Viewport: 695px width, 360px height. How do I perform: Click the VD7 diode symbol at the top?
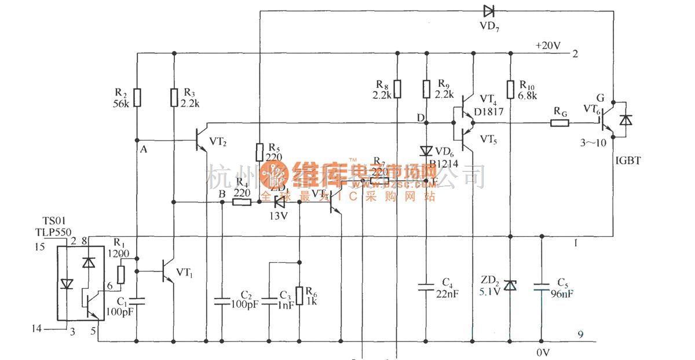[488, 10]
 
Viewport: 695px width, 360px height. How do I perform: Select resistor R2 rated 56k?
[137, 98]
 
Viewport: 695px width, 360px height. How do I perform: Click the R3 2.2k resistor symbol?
[173, 98]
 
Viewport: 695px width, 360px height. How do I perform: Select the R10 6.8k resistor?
[510, 90]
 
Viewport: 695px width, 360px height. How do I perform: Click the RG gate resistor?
[560, 123]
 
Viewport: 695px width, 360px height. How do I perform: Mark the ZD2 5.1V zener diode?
[510, 285]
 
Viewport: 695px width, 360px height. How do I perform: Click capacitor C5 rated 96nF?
[542, 285]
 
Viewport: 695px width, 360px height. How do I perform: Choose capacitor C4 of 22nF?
[426, 285]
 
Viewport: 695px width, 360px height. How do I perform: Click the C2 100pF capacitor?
[221, 300]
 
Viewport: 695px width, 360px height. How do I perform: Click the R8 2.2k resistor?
[397, 90]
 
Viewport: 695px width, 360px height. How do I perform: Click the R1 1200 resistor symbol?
[122, 274]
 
